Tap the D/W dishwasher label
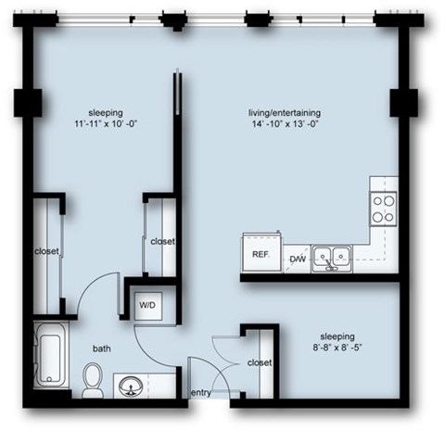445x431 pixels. (x=297, y=259)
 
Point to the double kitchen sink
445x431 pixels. (x=331, y=256)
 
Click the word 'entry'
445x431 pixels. (x=201, y=393)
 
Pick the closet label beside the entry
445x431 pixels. (x=260, y=362)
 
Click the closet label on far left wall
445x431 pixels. (x=47, y=251)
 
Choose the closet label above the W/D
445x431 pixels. (x=162, y=241)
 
